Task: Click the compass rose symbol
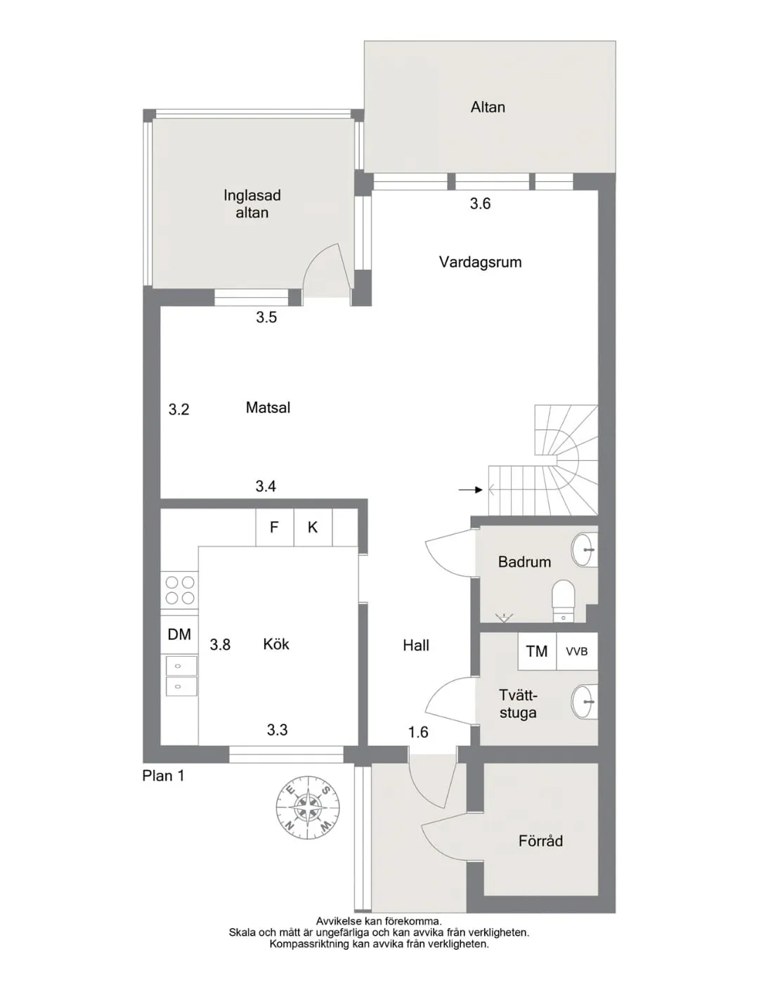(x=308, y=806)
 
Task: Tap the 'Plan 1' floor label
(x=163, y=776)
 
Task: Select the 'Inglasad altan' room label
(x=252, y=204)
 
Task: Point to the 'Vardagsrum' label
(x=480, y=262)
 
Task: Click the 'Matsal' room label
(x=268, y=407)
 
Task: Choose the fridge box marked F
(x=274, y=527)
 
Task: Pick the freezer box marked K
(x=313, y=527)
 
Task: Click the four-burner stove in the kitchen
(x=180, y=590)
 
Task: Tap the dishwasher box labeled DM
(x=179, y=634)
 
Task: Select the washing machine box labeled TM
(x=537, y=651)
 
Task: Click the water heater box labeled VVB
(x=576, y=651)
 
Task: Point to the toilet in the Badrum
(x=564, y=599)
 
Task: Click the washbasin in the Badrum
(x=585, y=549)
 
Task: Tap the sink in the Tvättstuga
(x=585, y=702)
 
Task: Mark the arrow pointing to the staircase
(x=470, y=490)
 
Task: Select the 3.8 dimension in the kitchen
(x=220, y=644)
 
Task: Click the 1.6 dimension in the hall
(x=418, y=732)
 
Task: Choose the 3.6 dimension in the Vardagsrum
(x=480, y=204)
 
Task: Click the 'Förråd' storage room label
(x=540, y=841)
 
